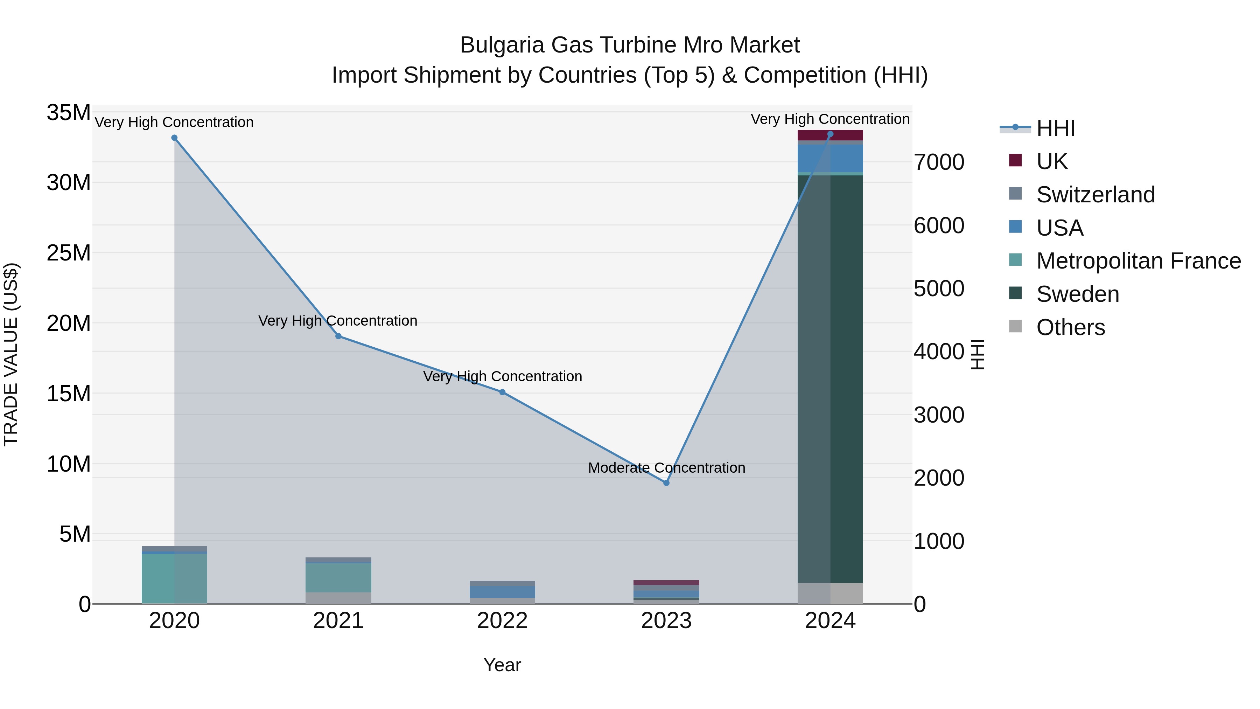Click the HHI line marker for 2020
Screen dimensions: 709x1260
point(174,138)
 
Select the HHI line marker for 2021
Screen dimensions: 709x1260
point(338,336)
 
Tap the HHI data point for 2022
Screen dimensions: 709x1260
point(502,392)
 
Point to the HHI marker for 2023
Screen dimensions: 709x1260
point(666,483)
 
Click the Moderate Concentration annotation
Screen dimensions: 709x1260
point(666,468)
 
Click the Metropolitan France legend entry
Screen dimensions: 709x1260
point(1138,261)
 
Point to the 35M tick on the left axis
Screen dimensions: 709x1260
point(69,112)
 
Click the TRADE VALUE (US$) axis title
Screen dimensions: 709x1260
point(11,354)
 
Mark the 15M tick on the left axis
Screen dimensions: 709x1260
point(69,394)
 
